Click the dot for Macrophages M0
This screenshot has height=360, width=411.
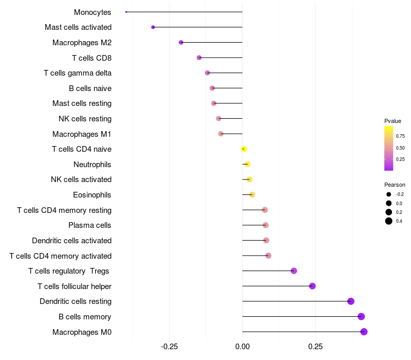coord(364,332)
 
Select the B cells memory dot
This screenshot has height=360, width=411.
coord(361,317)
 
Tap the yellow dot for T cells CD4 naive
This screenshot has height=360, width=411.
coord(244,149)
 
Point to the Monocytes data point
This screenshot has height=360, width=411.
coord(126,12)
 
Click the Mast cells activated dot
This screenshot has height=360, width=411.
coord(153,27)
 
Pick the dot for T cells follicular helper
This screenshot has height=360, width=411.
coord(312,286)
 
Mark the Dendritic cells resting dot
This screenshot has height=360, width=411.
coord(351,301)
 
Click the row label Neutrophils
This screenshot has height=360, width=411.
coord(92,165)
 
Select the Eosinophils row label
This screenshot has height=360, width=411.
coord(92,195)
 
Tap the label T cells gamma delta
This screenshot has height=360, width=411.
coord(78,73)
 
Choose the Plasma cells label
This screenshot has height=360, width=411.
coord(90,225)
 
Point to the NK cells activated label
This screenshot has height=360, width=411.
coord(81,179)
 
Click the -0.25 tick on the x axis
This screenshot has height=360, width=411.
coord(169,347)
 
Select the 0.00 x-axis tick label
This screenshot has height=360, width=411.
coord(242,347)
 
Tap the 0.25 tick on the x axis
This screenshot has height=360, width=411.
coord(315,347)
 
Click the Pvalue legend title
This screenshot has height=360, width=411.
coord(393,121)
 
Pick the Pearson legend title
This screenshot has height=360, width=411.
coord(395,185)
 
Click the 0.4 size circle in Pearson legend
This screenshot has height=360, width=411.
coord(389,221)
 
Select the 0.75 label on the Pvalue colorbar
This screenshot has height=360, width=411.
coord(400,136)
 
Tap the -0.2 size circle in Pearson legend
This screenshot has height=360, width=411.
coord(389,194)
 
